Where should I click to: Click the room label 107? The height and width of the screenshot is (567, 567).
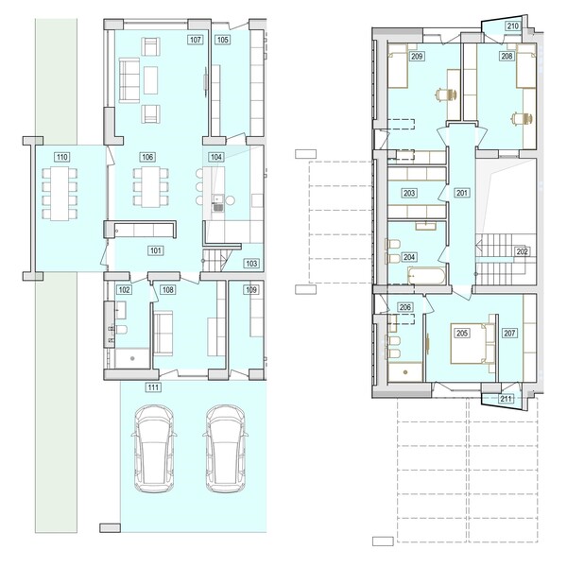196,40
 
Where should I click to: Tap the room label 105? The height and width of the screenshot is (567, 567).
222,40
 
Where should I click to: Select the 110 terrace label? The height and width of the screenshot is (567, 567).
61,157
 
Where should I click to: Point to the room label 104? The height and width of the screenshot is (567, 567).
215,157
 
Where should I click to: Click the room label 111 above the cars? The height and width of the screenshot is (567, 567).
153,387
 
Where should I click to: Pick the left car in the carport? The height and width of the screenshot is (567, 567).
154,448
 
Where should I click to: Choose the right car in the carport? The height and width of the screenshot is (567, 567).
226,448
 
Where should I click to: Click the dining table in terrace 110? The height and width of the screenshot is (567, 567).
60,193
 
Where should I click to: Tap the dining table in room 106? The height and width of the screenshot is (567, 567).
151,187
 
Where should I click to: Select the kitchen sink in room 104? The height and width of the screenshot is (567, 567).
218,203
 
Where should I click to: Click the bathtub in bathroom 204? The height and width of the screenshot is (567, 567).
427,276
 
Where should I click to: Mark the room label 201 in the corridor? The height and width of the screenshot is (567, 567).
462,193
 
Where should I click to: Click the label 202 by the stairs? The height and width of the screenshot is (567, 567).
522,251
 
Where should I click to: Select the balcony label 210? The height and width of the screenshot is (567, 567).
513,26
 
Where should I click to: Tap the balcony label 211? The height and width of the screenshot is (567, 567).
506,399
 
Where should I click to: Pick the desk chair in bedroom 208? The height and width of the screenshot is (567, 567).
523,118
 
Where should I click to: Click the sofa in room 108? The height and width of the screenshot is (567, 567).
163,334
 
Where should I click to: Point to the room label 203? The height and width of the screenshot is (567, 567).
409,193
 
